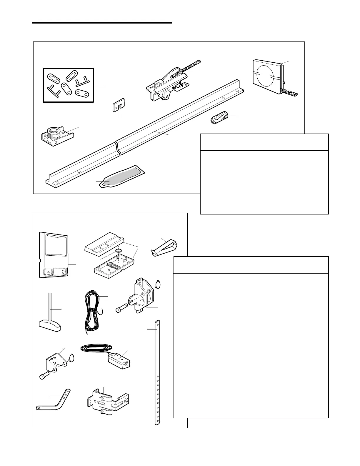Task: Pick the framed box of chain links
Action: (68, 85)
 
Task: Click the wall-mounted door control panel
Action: (54, 255)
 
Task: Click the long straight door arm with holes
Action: (158, 372)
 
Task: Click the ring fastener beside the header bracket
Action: (158, 285)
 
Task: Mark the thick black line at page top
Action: (102, 22)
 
